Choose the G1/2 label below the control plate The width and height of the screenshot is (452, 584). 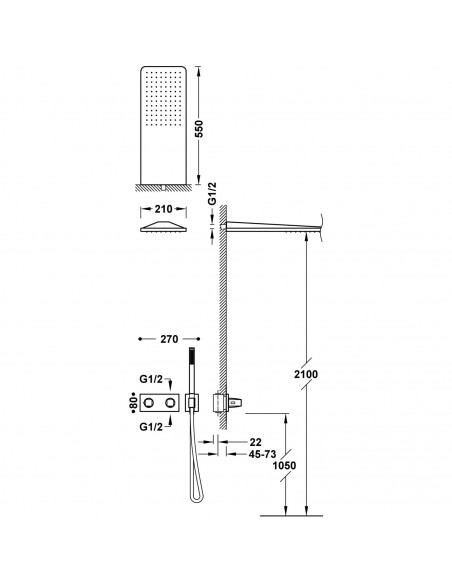pyautogui.click(x=153, y=426)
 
